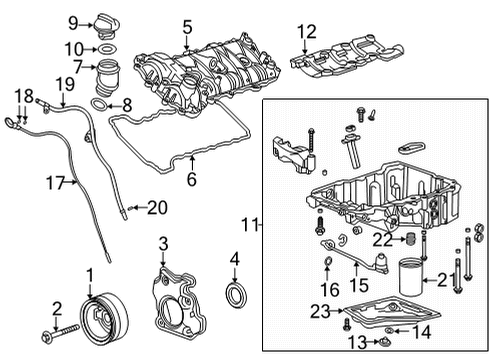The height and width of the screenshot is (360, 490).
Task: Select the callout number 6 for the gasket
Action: point(191,179)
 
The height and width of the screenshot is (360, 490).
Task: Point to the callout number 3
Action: point(163,243)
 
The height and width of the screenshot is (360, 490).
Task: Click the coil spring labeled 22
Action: point(407,240)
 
